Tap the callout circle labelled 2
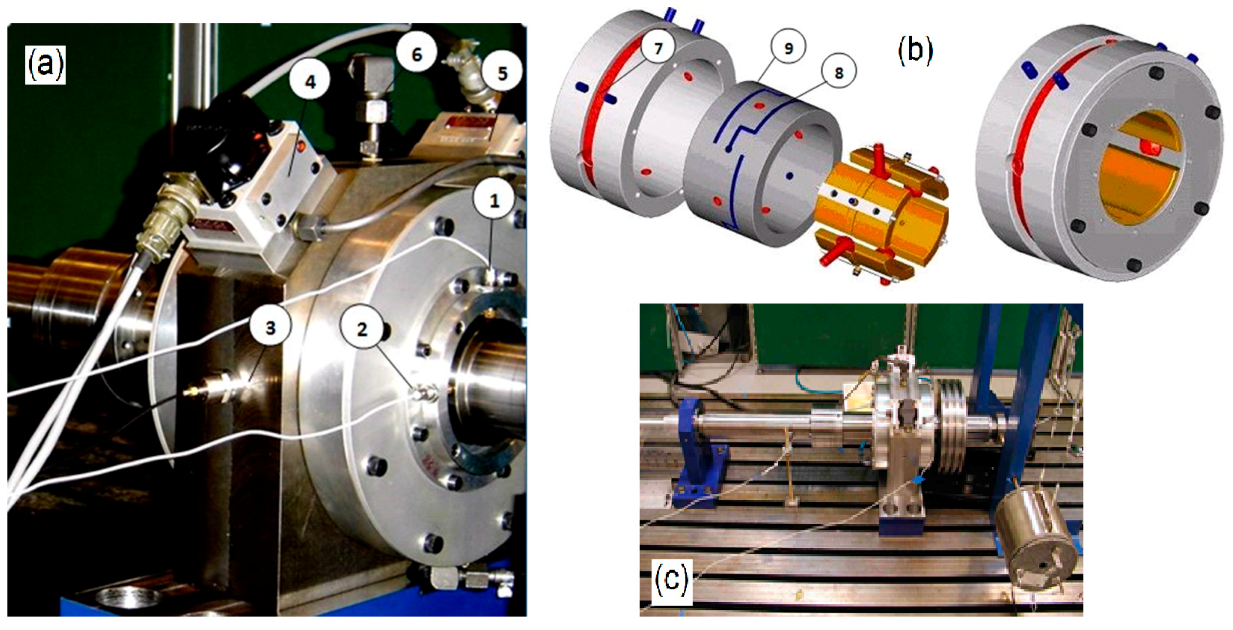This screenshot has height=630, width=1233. pyautogui.click(x=362, y=329)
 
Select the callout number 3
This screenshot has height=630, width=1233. pyautogui.click(x=271, y=328)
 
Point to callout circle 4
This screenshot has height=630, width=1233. pyautogui.click(x=310, y=82)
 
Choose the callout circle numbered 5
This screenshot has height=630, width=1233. pyautogui.click(x=502, y=73)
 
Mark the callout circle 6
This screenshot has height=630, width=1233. pyautogui.click(x=416, y=54)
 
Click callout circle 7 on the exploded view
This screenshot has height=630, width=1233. pyautogui.click(x=658, y=48)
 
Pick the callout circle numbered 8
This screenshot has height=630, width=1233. pyautogui.click(x=838, y=73)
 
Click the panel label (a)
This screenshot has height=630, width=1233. pyautogui.click(x=45, y=65)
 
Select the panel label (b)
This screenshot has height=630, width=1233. pyautogui.click(x=915, y=51)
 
